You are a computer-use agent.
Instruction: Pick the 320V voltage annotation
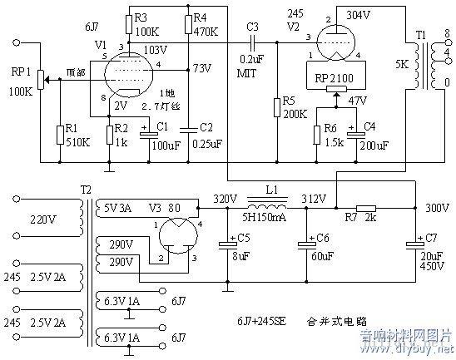(x=225, y=199)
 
